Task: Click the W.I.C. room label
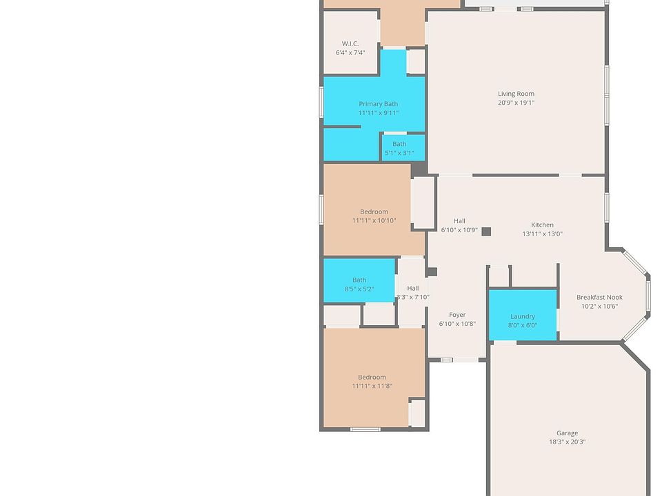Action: (350, 43)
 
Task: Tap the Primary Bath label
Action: (378, 104)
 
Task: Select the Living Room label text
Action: (516, 94)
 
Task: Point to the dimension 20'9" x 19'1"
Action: (516, 103)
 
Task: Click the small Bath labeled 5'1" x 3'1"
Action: (399, 148)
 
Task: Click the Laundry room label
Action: (523, 316)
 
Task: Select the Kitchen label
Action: (542, 225)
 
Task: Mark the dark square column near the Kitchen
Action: (486, 231)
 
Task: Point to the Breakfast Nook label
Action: (599, 297)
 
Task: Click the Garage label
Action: (568, 433)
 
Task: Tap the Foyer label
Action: (457, 315)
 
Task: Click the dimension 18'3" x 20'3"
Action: (568, 442)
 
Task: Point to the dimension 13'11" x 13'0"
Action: (542, 234)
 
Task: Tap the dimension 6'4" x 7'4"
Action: (350, 53)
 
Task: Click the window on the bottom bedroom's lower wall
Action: (365, 430)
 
